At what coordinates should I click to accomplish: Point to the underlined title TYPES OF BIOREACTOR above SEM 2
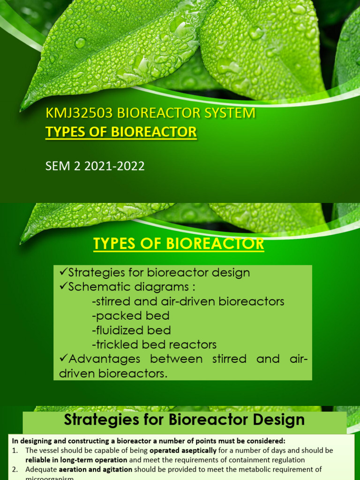121,132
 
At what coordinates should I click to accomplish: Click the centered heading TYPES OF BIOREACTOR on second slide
179,244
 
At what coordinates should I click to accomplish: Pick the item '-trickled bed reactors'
154,345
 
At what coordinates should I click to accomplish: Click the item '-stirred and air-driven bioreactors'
188,301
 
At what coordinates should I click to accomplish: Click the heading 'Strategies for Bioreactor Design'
184,420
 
